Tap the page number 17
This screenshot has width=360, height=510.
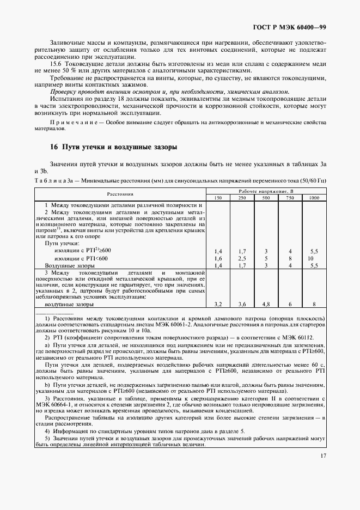coord(323,457)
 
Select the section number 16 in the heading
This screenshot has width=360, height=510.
coord(53,147)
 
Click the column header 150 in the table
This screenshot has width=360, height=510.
coord(218,197)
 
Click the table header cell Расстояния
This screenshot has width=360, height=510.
coord(120,194)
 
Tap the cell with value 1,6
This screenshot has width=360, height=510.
coord(218,258)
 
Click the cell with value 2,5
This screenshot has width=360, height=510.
coord(242,258)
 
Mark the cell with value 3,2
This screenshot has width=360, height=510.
coord(218,304)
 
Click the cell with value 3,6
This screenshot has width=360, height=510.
coord(242,304)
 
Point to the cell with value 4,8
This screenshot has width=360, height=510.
coord(266,304)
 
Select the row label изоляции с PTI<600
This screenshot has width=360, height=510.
coord(81,258)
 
